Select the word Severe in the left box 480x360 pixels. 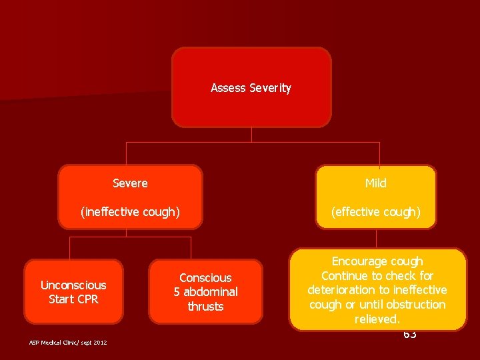tap(130, 183)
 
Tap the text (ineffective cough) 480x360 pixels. tap(130, 212)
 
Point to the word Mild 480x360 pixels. tap(375, 183)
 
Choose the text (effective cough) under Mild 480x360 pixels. tap(377, 212)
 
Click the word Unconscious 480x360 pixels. tap(73, 285)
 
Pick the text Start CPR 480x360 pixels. tap(73, 299)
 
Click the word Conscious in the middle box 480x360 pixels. tap(205, 278)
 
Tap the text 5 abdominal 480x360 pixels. tap(205, 292)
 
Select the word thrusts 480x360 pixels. tap(205, 307)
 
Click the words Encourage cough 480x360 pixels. tap(377, 261)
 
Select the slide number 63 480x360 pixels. tap(409, 334)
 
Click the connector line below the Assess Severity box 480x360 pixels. tap(251, 134)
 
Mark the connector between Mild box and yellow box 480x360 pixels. tap(377, 239)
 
